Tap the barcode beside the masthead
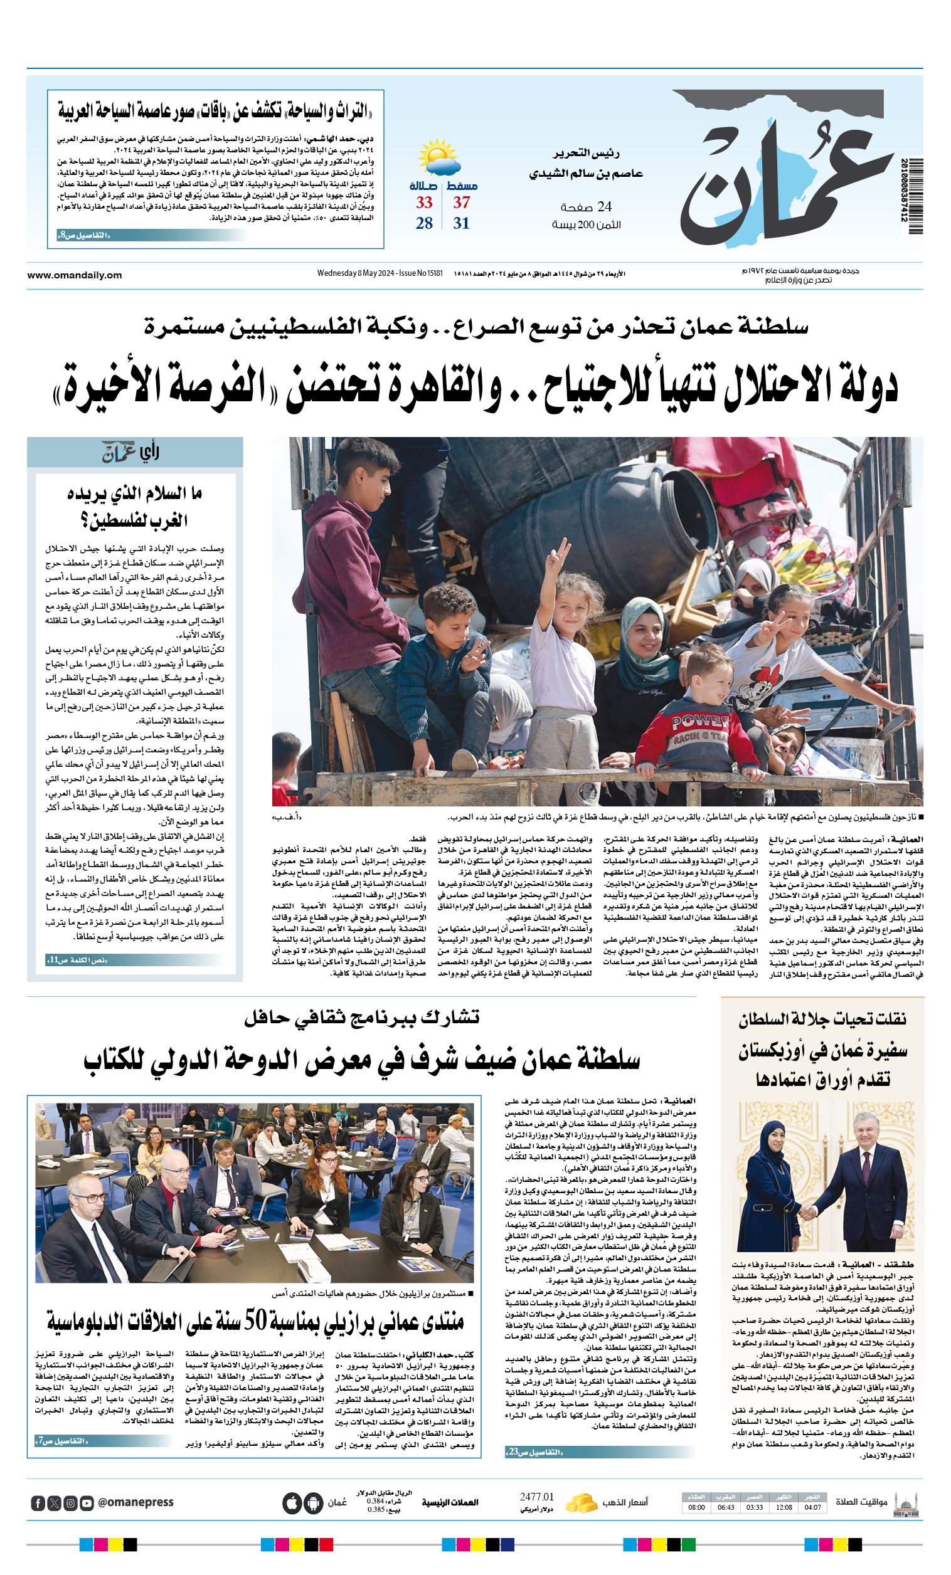point(915,196)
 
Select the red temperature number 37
point(461,203)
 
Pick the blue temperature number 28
point(424,223)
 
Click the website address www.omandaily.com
point(74,275)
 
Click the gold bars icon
point(582,1502)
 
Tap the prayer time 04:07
point(813,1507)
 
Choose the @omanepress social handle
point(135,1502)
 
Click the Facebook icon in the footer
point(38,1503)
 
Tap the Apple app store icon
point(292,1503)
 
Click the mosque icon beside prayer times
point(906,1504)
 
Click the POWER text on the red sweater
point(699,722)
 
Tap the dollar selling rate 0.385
point(375,1510)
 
